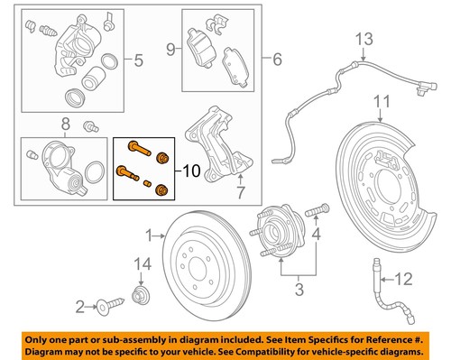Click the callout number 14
[138, 263]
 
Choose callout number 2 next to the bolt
[78, 308]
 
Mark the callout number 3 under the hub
[298, 291]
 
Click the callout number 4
[317, 237]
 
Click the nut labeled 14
[139, 293]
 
